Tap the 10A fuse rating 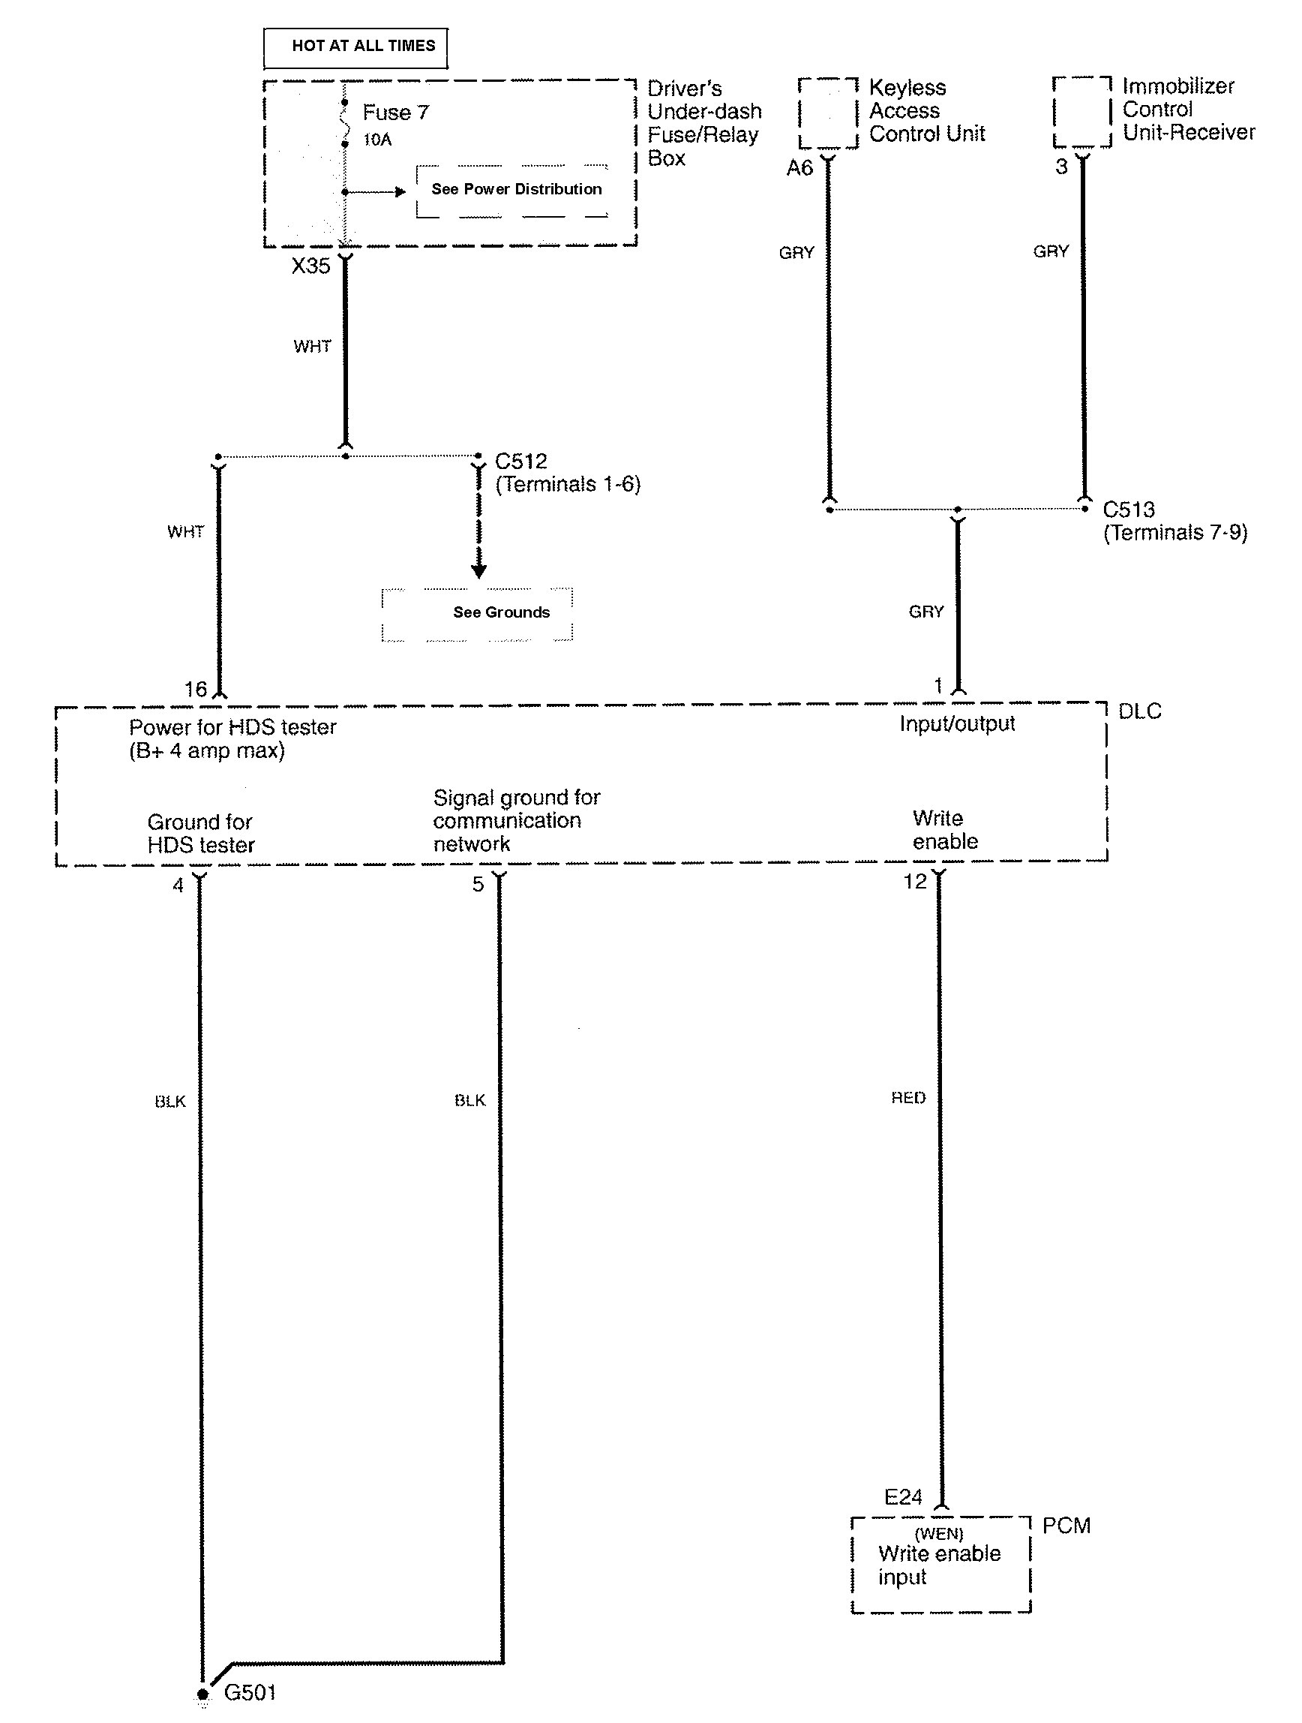click(x=378, y=140)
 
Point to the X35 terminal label click(x=310, y=266)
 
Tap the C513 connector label click(x=1128, y=510)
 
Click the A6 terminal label click(x=799, y=168)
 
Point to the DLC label click(x=1139, y=711)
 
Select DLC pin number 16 click(x=196, y=690)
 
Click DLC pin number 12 click(x=915, y=882)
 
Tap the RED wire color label click(x=908, y=1099)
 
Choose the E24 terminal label click(x=903, y=1497)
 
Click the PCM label click(x=1066, y=1525)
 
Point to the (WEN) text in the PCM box click(x=939, y=1534)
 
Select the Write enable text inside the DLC click(x=945, y=830)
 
